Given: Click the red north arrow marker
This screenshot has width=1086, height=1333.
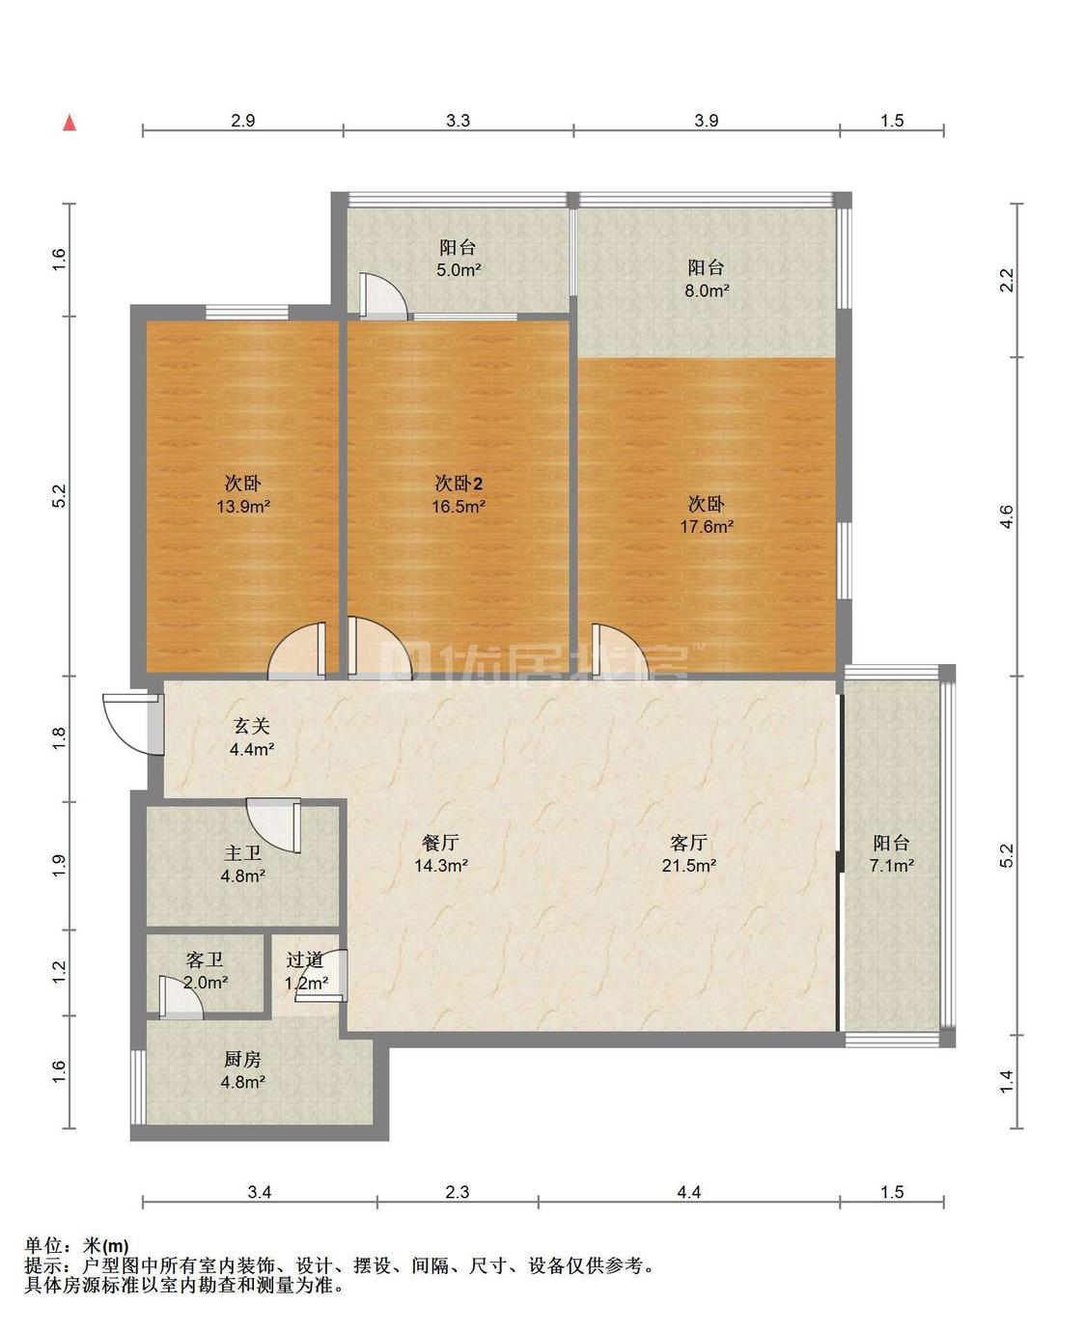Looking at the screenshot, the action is pos(70,124).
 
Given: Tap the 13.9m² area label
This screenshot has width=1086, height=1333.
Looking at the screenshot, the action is pos(243,506).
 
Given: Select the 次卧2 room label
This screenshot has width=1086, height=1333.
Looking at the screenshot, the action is pos(459,484).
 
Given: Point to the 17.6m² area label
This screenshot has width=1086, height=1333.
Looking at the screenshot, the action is pos(707,526).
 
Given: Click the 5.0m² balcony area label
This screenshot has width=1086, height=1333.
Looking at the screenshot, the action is pos(459,270).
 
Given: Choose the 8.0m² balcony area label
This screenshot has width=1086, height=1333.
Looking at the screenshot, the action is pos(707,291).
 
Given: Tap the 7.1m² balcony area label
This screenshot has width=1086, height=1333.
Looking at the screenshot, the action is pos(891,866).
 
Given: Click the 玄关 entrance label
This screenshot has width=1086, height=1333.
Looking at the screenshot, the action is pos(252,726).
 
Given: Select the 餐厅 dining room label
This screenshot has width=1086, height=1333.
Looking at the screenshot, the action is pos(440,843).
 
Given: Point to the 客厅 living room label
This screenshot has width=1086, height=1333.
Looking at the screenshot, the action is pos(688,843).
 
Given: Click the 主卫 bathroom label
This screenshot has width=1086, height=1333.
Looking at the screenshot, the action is pos(243,853).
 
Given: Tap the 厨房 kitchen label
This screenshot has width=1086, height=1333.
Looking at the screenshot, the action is pos(243,1059).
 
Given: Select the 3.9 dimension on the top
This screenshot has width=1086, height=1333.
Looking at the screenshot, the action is pos(706,120).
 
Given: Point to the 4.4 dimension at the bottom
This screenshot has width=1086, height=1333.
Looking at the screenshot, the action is pos(688,1192).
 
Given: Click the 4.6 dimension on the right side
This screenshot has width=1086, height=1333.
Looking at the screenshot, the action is pos(1007,517).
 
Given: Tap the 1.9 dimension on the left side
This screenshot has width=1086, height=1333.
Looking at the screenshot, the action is pos(58,866).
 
